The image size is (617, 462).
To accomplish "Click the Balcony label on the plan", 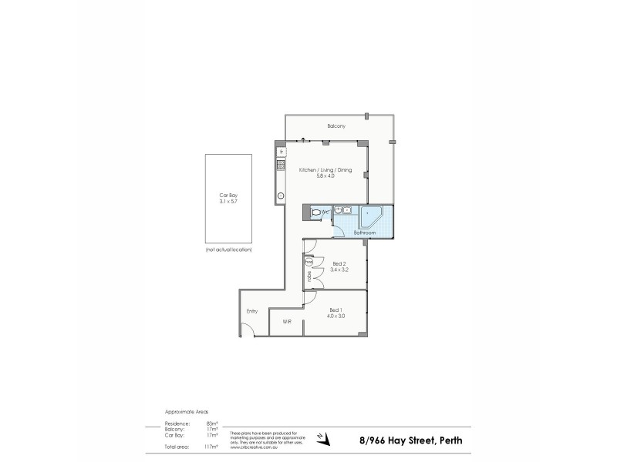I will tap(335, 126).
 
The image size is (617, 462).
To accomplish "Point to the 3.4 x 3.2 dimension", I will tap(339, 269).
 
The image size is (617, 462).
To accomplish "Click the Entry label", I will tap(252, 311).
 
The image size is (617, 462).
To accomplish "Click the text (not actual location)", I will tap(228, 250).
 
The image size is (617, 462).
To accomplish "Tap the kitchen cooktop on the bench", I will tap(281, 164).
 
